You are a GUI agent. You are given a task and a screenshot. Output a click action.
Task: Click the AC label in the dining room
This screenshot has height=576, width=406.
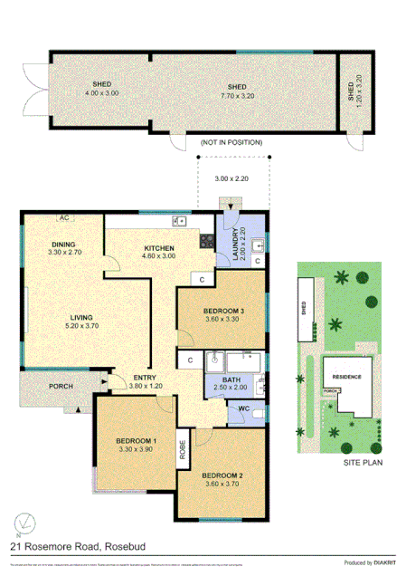(64, 218)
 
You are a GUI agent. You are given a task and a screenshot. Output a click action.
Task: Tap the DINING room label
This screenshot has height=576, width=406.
(62, 245)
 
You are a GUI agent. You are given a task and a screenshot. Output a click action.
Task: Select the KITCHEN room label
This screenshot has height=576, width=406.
(158, 249)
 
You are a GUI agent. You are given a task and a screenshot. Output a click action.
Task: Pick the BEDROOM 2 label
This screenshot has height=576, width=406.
(222, 475)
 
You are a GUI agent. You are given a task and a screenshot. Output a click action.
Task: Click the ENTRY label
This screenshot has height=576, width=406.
(145, 378)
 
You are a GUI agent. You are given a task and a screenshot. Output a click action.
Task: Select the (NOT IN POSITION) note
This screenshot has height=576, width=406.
(231, 142)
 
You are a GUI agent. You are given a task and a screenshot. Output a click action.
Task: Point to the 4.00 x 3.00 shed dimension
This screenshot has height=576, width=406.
(101, 93)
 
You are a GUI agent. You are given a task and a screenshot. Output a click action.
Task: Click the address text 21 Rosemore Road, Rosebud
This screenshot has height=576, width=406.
(72, 546)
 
